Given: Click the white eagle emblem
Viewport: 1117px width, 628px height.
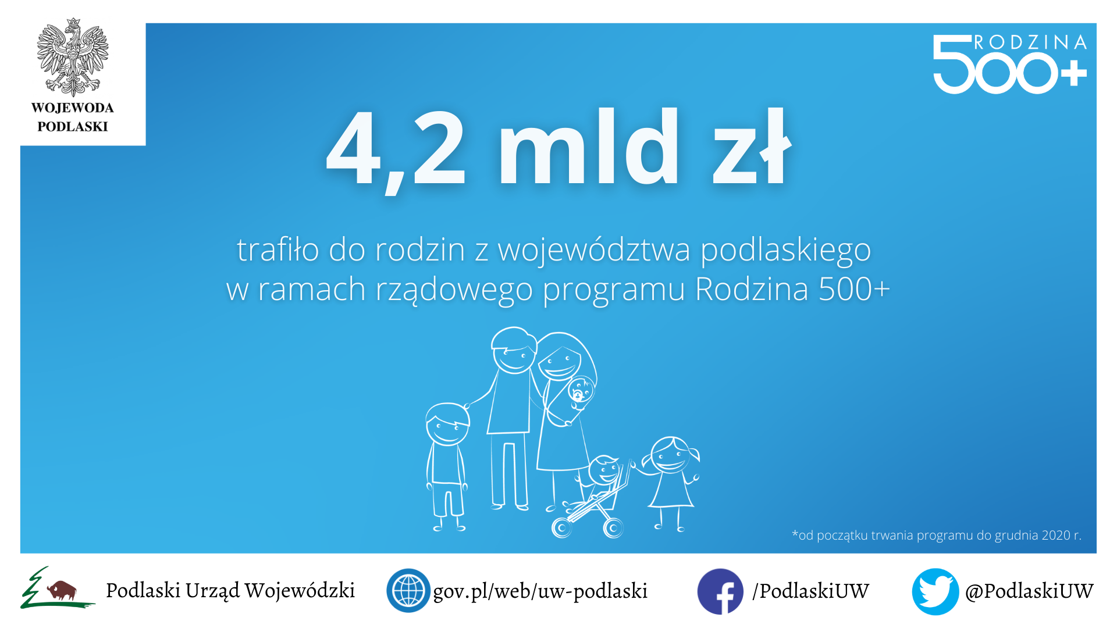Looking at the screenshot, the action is [73, 57].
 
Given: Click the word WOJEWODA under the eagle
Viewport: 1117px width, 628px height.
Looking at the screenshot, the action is [73, 108].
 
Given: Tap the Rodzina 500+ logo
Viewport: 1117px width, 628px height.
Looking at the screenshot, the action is [1010, 63].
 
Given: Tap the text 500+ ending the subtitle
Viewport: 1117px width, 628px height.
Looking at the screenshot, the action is [854, 288].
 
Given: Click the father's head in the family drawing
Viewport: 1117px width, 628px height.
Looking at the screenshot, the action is [514, 350].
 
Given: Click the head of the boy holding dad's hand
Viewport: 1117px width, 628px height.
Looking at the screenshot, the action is [447, 424].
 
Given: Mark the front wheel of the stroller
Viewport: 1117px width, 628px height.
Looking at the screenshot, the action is [561, 528].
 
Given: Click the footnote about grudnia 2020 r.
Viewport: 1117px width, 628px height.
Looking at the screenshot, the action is [937, 535].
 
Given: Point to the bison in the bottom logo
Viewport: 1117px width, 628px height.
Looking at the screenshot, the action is [62, 590].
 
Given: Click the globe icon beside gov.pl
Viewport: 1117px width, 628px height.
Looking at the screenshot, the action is [408, 590].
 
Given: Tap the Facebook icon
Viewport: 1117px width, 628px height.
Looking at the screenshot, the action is [720, 591].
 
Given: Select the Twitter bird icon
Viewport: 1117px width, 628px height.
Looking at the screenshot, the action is [935, 591].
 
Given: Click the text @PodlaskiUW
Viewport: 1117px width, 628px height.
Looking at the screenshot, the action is [1029, 591].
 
